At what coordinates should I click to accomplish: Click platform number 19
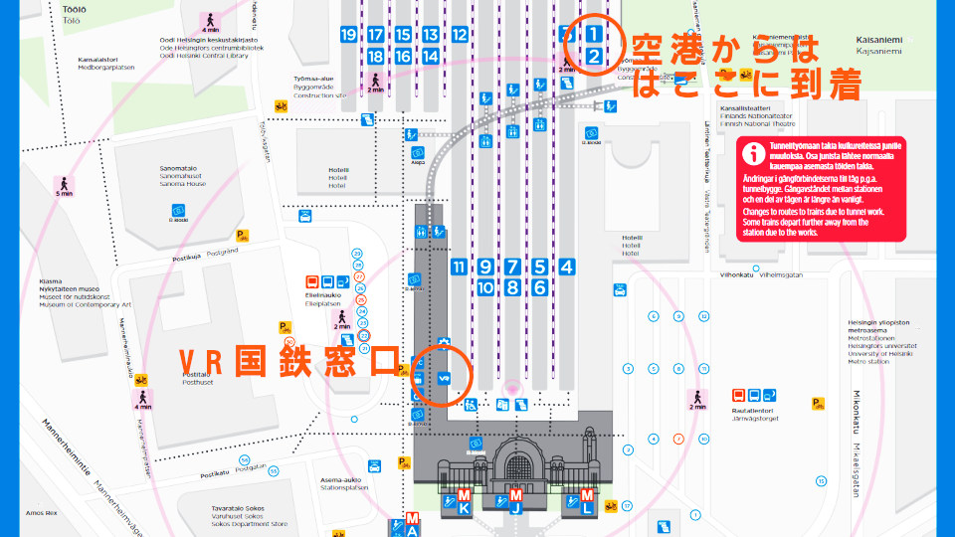(348, 35)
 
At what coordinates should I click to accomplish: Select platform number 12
(460, 35)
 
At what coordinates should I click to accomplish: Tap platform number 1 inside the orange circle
(593, 34)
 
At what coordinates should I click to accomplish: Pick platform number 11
(459, 267)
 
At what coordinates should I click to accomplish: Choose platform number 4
(567, 267)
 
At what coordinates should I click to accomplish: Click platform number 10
(485, 287)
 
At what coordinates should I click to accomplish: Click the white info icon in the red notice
(755, 153)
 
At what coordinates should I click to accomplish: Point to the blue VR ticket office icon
(445, 377)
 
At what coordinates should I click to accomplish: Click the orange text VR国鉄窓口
(288, 362)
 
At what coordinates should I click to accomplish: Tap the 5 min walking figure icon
(65, 186)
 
